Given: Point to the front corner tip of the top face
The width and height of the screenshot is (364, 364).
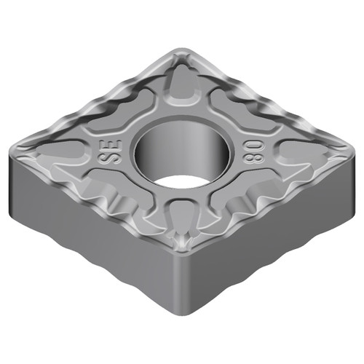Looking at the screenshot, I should click(191, 248).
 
